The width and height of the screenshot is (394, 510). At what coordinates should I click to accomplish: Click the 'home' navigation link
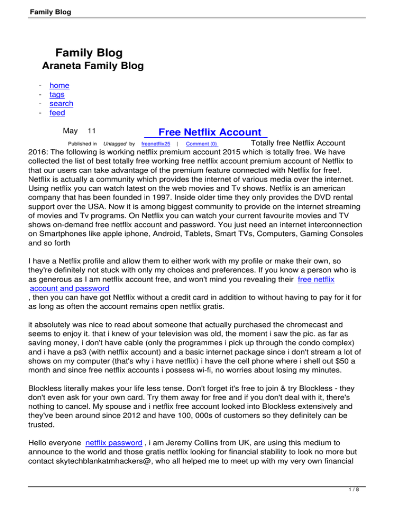59,86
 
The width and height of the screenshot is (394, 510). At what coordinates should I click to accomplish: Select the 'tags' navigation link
57,95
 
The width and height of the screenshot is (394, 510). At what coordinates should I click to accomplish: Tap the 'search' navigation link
61,104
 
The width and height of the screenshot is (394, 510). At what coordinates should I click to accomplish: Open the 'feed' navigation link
57,113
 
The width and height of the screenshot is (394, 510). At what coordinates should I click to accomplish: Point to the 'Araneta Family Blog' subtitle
92,66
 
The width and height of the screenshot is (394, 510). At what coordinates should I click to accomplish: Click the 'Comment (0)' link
202,144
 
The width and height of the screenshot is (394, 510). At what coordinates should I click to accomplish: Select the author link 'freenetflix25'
155,144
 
